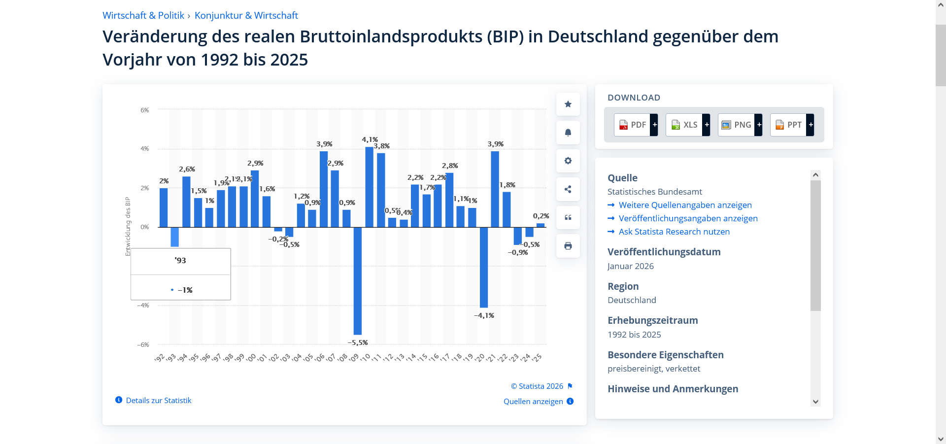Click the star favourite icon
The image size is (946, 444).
[568, 104]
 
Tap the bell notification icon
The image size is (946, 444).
[568, 133]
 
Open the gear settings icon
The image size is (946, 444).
[568, 161]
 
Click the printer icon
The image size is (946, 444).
[568, 246]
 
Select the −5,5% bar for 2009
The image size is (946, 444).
[358, 281]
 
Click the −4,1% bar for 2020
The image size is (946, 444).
[484, 267]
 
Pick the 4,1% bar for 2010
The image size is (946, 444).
[369, 187]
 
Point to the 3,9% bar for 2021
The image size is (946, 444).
[495, 189]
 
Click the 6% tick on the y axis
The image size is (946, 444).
[144, 110]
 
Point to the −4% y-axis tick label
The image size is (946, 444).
[143, 306]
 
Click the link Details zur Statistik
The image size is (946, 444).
[158, 401]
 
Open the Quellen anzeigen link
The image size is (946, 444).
[533, 402]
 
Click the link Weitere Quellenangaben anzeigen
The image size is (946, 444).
[685, 205]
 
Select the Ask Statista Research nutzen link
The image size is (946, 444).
[674, 232]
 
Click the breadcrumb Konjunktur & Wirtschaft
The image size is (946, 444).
[246, 15]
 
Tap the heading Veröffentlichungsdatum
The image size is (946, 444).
[664, 252]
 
